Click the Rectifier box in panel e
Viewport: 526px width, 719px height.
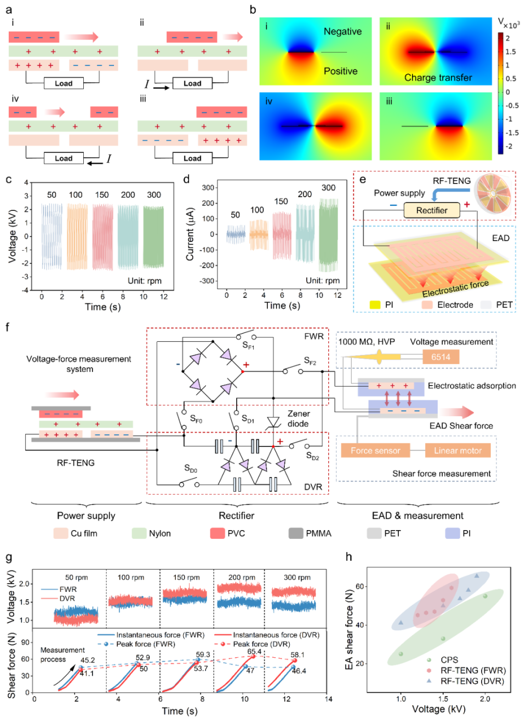pyautogui.click(x=432, y=210)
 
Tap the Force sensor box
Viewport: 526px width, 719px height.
pyautogui.click(x=375, y=451)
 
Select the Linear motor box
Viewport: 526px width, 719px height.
pyautogui.click(x=458, y=451)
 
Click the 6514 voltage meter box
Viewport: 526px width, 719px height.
pyautogui.click(x=441, y=357)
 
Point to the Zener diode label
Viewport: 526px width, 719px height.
pyautogui.click(x=299, y=418)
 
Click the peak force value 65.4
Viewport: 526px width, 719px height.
pyautogui.click(x=254, y=652)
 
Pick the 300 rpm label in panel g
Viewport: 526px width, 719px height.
pyautogui.click(x=297, y=577)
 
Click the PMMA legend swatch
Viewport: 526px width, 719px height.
pyautogui.click(x=296, y=533)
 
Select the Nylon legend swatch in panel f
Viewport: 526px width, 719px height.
pyautogui.click(x=139, y=533)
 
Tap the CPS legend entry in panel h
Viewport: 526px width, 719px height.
pyautogui.click(x=449, y=660)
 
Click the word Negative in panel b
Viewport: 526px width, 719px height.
pyautogui.click(x=342, y=32)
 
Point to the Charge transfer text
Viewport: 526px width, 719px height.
pyautogui.click(x=438, y=78)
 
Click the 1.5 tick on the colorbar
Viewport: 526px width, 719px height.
pyautogui.click(x=510, y=51)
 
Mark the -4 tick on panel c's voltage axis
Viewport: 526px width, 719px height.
pyautogui.click(x=26, y=290)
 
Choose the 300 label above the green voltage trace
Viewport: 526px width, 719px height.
pyautogui.click(x=154, y=194)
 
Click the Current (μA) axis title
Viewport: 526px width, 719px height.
pyautogui.click(x=190, y=234)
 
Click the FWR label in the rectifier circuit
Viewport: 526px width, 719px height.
pyautogui.click(x=314, y=336)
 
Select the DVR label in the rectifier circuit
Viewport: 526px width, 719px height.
pyautogui.click(x=313, y=487)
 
